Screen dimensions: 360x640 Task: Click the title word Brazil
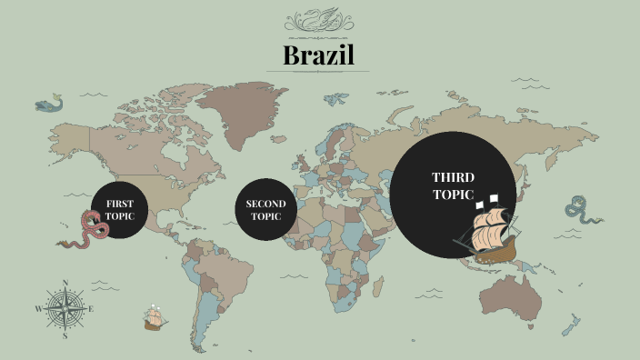pyautogui.click(x=319, y=55)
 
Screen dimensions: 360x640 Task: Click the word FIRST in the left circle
pyautogui.click(x=119, y=204)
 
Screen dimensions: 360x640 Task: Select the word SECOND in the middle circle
pyautogui.click(x=265, y=204)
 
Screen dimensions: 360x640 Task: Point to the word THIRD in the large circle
pyautogui.click(x=453, y=177)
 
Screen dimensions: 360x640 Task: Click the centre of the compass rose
pyautogui.click(x=65, y=307)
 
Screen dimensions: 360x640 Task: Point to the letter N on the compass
pyautogui.click(x=65, y=283)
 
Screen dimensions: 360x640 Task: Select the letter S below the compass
pyautogui.click(x=65, y=335)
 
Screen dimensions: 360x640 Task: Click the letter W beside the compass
pyautogui.click(x=38, y=309)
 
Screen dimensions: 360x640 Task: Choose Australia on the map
pyautogui.click(x=508, y=295)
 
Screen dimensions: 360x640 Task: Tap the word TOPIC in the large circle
pyautogui.click(x=453, y=195)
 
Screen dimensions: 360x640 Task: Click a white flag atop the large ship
pyautogui.click(x=494, y=196)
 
